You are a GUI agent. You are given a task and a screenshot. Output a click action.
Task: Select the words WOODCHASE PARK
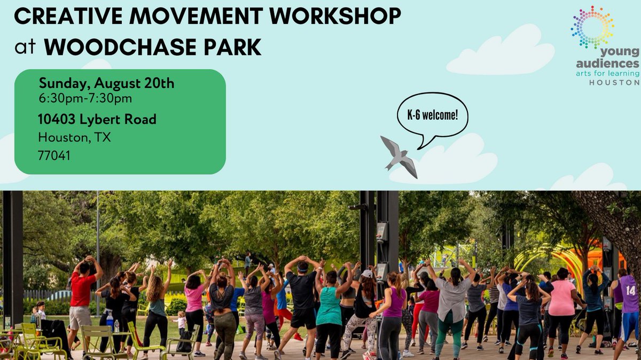[x=152, y=47]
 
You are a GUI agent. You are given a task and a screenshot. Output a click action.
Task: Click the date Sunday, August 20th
[x=107, y=84]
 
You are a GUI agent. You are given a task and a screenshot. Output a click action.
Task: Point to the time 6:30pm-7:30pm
[x=85, y=98]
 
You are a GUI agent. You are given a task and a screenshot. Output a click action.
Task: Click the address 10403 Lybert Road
[x=97, y=119]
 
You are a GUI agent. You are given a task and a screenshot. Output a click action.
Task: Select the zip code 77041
[x=54, y=155]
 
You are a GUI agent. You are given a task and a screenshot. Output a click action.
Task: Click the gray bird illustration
[x=399, y=155]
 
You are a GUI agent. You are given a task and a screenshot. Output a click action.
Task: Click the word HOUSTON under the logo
[x=614, y=83]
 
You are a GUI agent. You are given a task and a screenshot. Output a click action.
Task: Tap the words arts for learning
[x=607, y=73]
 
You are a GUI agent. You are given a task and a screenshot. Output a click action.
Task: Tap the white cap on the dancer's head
[x=367, y=273]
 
